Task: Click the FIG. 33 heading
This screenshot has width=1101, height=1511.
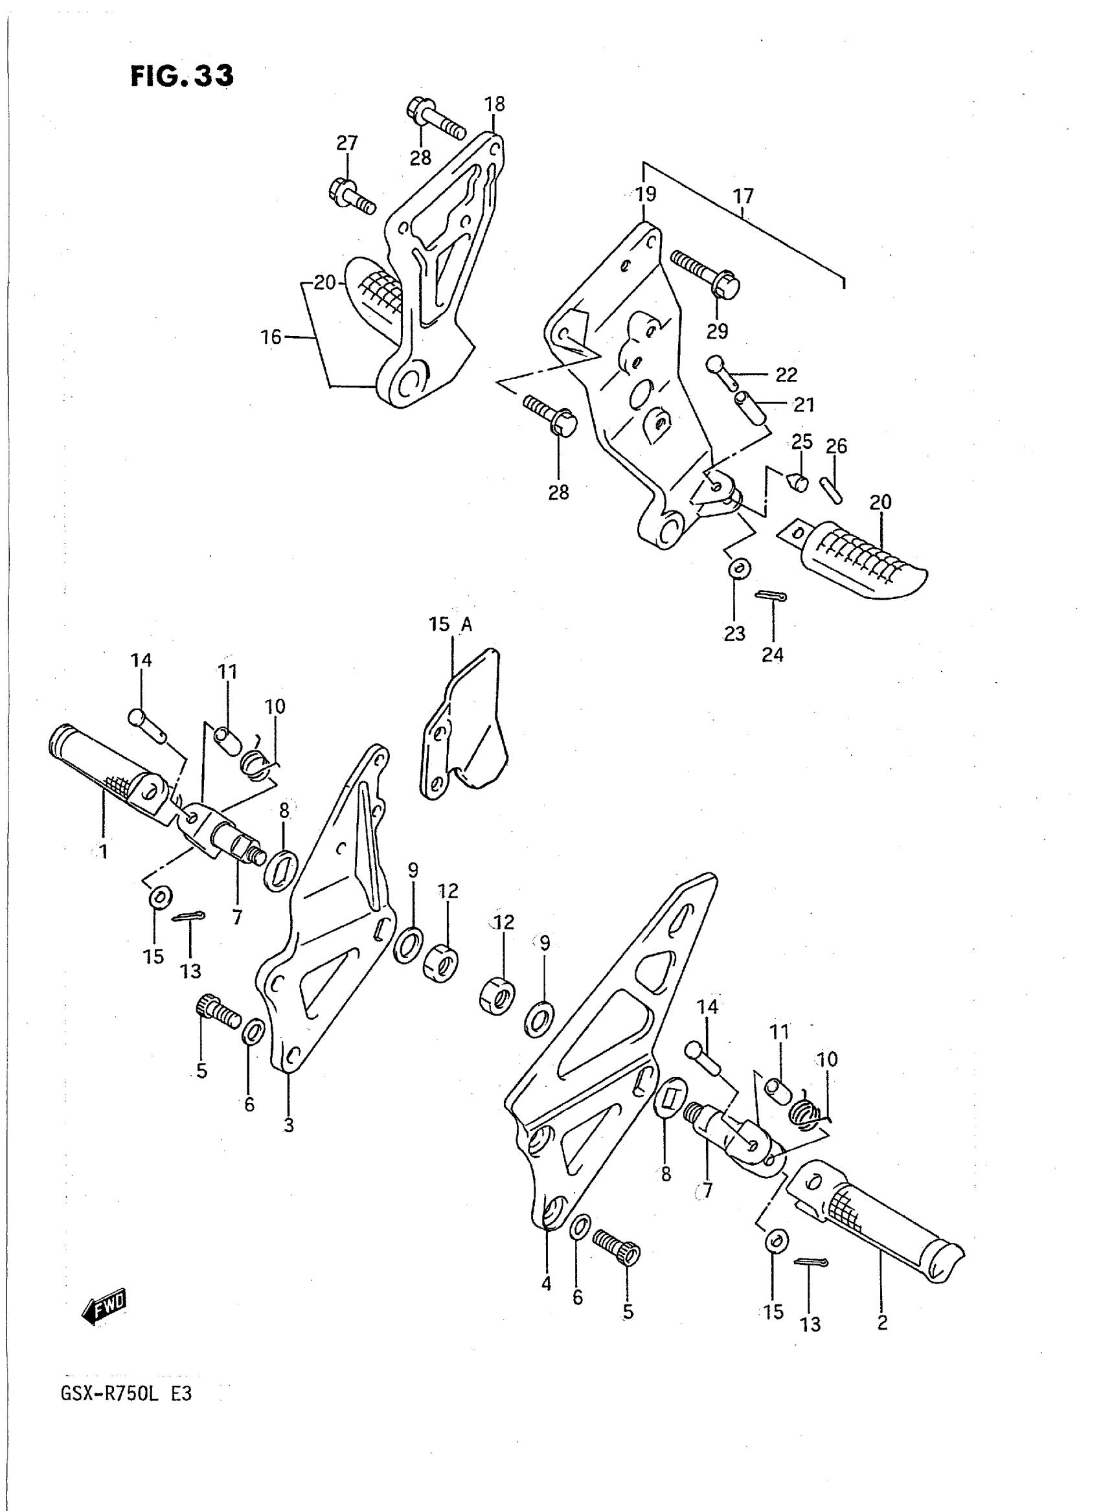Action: (182, 76)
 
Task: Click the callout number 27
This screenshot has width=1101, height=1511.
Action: (346, 143)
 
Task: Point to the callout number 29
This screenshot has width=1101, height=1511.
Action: (717, 330)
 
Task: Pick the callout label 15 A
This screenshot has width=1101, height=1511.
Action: (451, 624)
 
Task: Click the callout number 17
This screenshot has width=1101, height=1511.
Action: (743, 196)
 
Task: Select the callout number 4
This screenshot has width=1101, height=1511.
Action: (547, 1284)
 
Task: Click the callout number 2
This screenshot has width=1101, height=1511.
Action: (882, 1323)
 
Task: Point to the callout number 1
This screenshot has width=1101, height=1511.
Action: (104, 851)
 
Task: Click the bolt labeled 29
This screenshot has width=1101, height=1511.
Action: (707, 273)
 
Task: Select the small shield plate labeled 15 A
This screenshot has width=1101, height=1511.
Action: (466, 727)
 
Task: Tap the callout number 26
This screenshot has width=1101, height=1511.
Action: (836, 446)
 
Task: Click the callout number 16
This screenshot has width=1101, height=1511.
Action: (271, 337)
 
